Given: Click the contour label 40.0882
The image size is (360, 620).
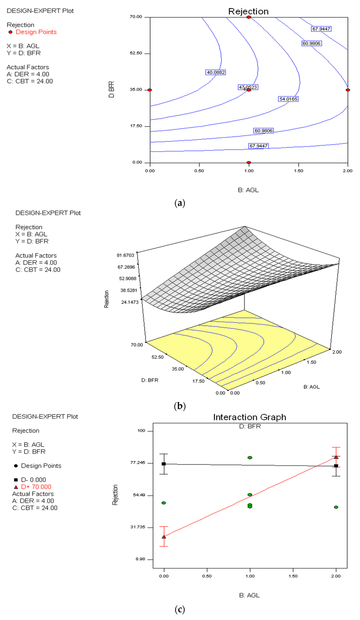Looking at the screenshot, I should point(216,72).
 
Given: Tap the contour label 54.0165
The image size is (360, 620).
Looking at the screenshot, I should point(288,99).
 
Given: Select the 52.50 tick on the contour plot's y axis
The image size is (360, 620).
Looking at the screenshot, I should point(136,53).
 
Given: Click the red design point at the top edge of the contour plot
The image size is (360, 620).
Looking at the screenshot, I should point(249,17).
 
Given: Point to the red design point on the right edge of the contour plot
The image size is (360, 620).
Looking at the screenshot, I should point(348,90).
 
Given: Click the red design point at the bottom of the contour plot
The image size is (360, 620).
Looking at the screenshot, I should point(249,163).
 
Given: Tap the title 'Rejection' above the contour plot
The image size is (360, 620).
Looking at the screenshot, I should point(248,12).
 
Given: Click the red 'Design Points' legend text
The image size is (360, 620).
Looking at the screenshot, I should point(36,32).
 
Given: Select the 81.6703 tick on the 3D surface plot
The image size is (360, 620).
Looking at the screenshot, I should point(126,255).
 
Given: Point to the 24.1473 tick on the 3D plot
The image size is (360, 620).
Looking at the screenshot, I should point(130,302).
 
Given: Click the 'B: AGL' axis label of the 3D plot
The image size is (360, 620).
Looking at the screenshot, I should point(311,387).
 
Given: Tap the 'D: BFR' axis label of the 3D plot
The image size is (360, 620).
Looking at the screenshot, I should point(150,380).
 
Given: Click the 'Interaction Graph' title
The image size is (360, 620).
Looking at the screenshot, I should point(250,417).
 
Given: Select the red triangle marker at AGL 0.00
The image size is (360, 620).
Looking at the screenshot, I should point(164,537).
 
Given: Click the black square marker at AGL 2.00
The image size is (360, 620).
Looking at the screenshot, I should point(336,466).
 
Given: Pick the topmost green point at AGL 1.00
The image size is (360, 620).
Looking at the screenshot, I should point(250,458).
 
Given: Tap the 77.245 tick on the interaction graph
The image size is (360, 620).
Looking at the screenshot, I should point(137,463).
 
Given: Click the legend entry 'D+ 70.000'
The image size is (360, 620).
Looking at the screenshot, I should point(36,487).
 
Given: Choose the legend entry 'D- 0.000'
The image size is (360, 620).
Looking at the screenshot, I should point(33,480).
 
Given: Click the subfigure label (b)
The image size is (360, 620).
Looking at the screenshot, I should point(180,406).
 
